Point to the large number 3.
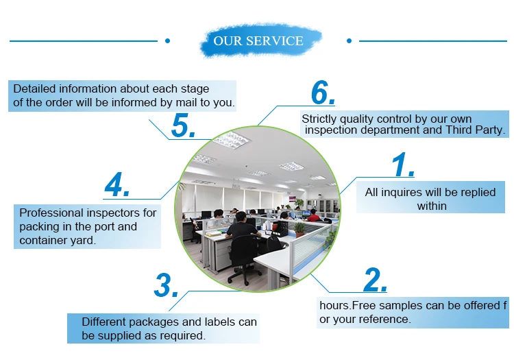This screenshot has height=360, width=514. click(166, 285)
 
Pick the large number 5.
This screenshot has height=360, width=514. click(184, 125)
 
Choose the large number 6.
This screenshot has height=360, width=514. click(323, 93)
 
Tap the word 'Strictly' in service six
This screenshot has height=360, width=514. click(321, 119)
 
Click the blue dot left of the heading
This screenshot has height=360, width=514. click(167, 41)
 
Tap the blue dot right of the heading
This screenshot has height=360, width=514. click(349, 41)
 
